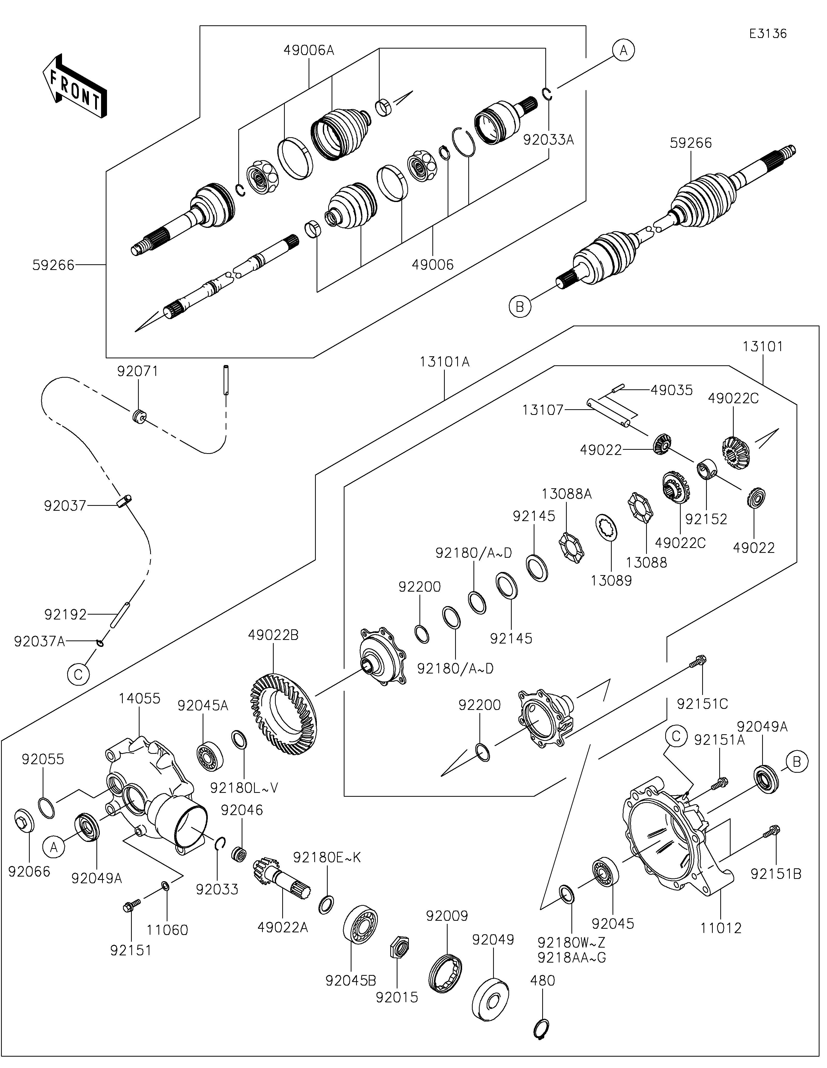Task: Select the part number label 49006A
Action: pos(309,50)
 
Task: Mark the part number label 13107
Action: pos(543,410)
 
